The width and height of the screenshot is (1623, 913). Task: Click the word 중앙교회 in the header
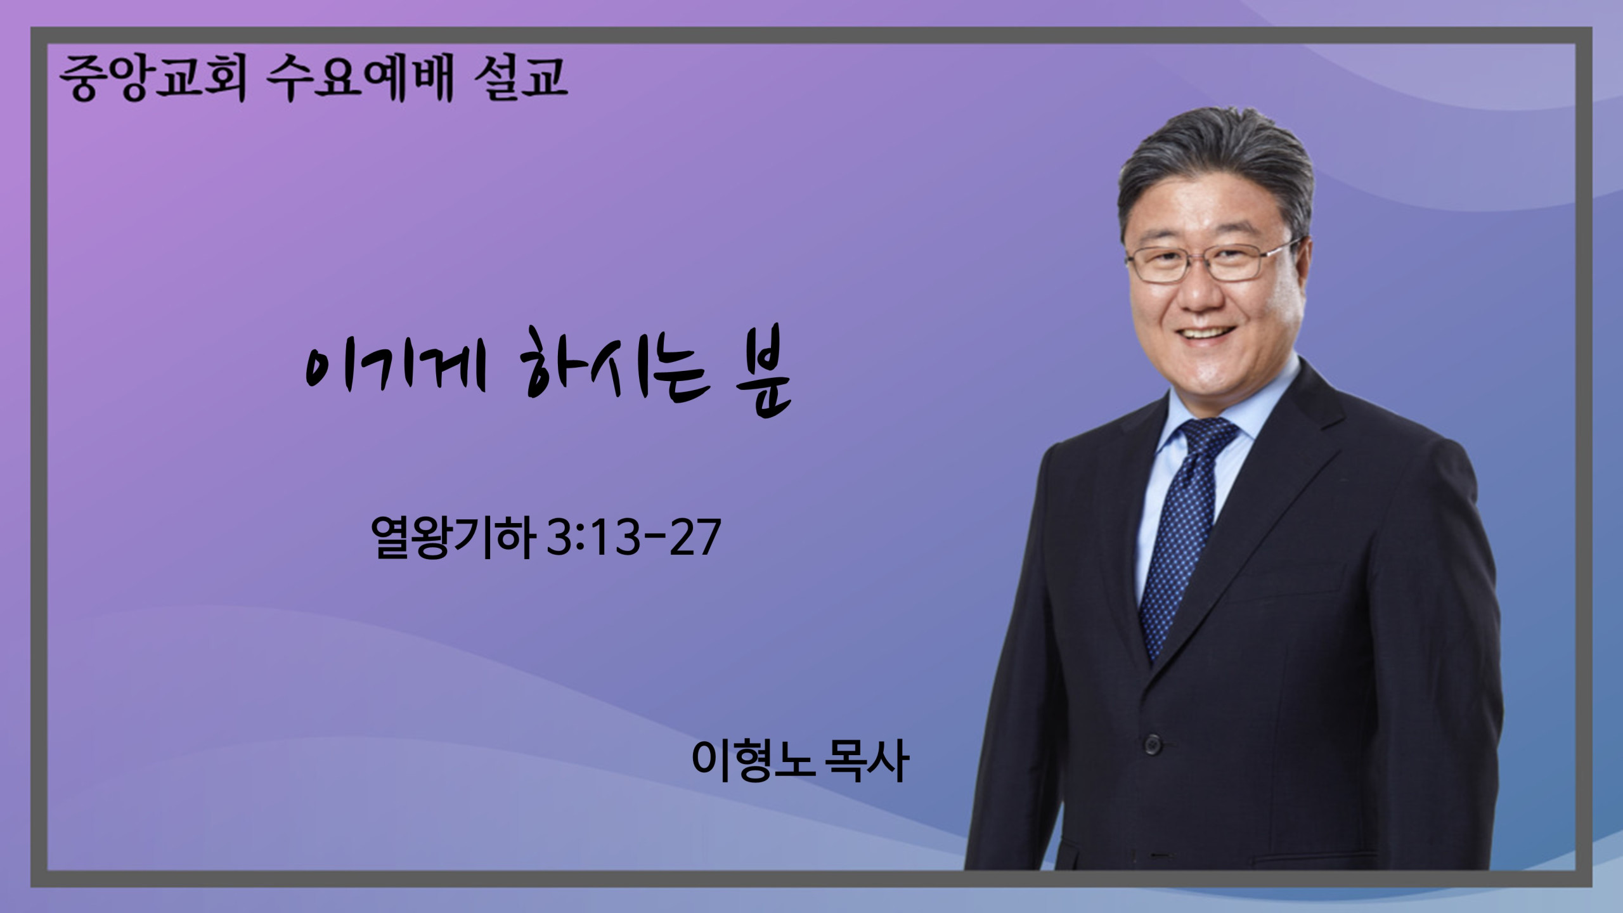tap(153, 79)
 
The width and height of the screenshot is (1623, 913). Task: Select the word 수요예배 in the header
tap(361, 79)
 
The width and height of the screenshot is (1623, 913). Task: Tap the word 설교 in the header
tap(520, 79)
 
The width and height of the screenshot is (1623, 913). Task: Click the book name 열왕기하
tap(451, 538)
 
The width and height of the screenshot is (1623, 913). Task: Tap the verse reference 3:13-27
tap(633, 538)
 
